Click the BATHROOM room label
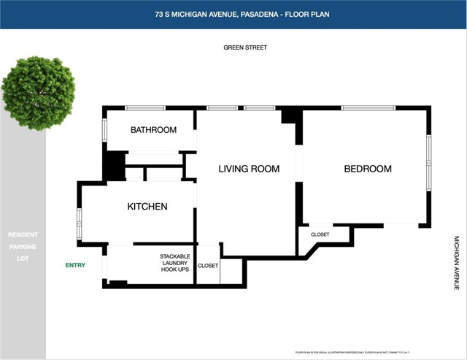pos(153,130)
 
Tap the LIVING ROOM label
pos(249,169)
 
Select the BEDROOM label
pos(368,169)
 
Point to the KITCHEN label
pos(147,207)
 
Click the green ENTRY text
pos(75,265)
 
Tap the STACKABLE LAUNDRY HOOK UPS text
pos(175,263)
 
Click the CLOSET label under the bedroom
pos(320,234)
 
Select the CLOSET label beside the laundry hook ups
pos(208,266)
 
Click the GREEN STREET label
pos(245,47)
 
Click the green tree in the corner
pos(38,93)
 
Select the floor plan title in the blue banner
pos(233,14)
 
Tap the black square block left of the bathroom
pos(113,166)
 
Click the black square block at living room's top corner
pos(291,115)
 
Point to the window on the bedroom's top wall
pos(368,108)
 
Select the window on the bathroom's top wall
pos(145,108)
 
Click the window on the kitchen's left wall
pos(79,224)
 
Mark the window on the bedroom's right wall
pos(429,157)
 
